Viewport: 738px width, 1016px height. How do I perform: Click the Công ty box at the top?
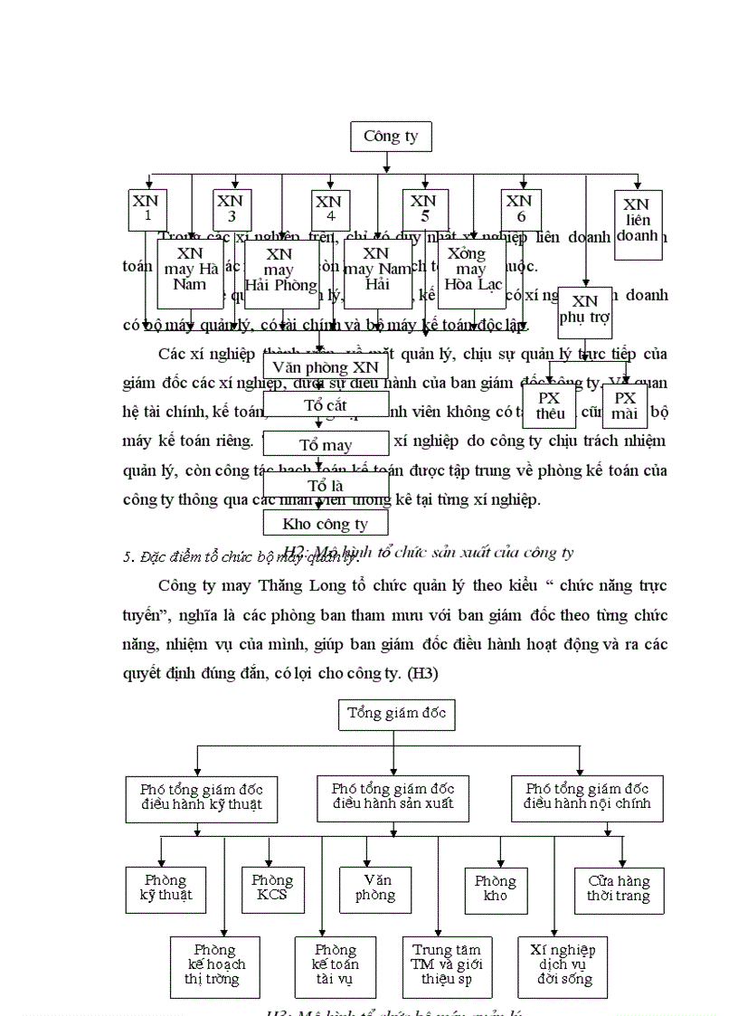pos(390,137)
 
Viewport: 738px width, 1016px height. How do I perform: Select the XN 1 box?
pos(147,209)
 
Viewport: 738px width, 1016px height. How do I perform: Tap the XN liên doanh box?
pos(637,224)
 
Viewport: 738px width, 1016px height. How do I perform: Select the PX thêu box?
pos(550,406)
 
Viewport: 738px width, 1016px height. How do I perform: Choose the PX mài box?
pos(625,406)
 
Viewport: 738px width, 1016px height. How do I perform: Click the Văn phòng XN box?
pos(326,367)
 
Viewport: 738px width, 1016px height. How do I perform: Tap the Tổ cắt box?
pos(326,404)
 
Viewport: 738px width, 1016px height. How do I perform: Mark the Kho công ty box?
pos(326,523)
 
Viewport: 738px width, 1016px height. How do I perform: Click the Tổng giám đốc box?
pos(395,714)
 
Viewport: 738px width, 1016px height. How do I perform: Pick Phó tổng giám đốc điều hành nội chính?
pos(587,797)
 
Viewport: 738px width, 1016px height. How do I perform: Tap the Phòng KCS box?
pos(272,889)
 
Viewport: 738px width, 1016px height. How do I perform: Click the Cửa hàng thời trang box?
pos(619,889)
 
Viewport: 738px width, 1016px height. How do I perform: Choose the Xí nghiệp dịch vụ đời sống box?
pos(563,966)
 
